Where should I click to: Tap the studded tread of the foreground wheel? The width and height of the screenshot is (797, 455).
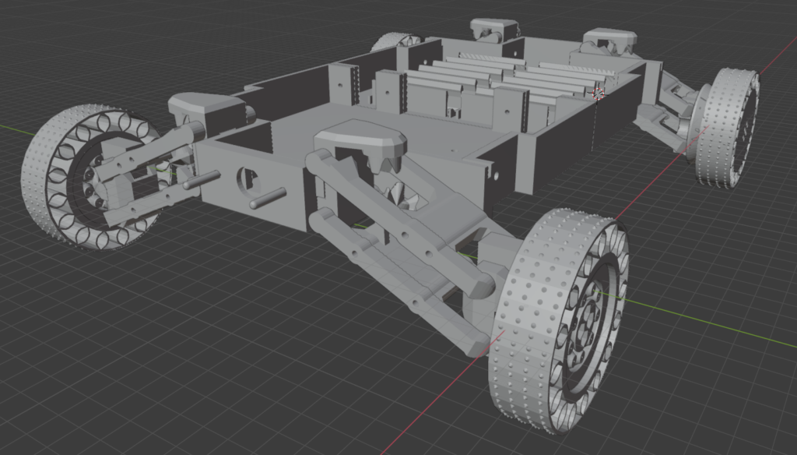point(529,327)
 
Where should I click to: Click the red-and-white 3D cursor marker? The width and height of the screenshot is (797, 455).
point(599,93)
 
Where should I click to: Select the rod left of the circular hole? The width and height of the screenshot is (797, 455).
point(201,181)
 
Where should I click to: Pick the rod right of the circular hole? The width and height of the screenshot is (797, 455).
point(267,198)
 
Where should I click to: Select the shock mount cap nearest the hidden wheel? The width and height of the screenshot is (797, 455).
point(493,28)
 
